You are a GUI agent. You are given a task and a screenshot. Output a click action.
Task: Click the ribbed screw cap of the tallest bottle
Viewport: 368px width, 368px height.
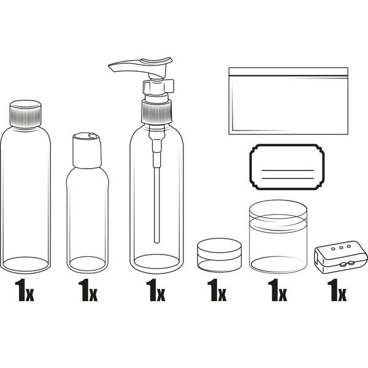tap(26, 114)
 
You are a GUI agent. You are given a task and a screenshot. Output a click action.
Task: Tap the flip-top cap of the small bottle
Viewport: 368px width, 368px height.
tap(87, 150)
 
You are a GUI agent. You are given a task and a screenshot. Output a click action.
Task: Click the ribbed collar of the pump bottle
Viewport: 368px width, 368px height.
tap(156, 112)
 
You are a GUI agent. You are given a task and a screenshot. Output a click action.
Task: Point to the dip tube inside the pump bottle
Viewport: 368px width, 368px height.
tap(157, 204)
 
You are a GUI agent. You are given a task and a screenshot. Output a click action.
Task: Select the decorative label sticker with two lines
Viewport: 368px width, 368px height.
tap(287, 167)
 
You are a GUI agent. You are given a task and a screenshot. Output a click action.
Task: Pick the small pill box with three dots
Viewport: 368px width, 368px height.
tap(341, 257)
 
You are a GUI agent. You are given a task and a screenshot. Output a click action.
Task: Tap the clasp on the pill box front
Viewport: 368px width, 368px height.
tap(346, 264)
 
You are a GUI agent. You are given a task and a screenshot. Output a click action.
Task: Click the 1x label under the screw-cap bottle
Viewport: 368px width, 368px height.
tap(25, 290)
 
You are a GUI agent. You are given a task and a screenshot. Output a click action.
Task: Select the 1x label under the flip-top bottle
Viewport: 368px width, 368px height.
tap(88, 290)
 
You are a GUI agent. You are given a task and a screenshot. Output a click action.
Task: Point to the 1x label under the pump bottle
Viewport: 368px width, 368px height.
tap(155, 290)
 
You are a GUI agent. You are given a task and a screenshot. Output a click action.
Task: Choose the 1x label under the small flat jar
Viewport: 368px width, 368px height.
tap(217, 290)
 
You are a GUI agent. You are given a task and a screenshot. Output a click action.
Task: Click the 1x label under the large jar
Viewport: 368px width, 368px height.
tap(277, 290)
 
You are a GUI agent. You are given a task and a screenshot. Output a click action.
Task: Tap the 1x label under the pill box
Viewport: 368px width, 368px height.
tap(337, 290)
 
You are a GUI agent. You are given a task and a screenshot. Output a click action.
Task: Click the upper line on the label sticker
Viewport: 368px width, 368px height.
tap(288, 170)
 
